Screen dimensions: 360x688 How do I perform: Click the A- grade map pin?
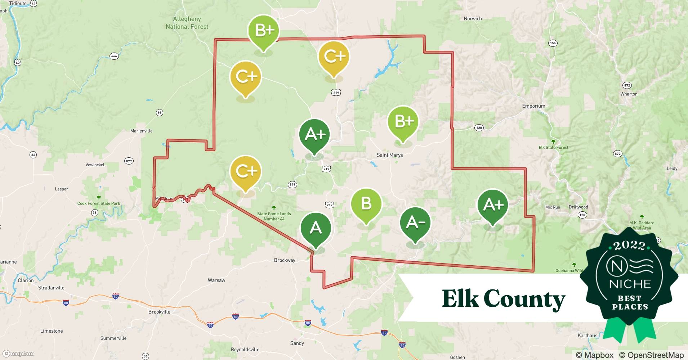(x=415, y=223)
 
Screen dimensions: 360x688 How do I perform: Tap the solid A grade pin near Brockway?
(x=316, y=228)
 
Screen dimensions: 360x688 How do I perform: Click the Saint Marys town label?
(x=389, y=155)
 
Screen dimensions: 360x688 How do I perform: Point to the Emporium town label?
(x=533, y=106)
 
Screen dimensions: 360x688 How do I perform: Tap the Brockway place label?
(x=284, y=260)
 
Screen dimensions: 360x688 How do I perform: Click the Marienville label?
(x=141, y=131)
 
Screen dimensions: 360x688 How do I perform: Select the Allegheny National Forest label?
(x=187, y=23)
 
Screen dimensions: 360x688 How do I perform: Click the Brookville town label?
(x=159, y=312)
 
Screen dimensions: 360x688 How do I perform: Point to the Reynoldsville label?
(x=245, y=350)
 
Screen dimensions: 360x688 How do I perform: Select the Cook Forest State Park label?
(x=99, y=203)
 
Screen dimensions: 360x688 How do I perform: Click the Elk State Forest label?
(x=553, y=148)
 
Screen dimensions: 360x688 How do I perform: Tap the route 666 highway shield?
(x=114, y=56)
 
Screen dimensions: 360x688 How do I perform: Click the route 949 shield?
(x=292, y=185)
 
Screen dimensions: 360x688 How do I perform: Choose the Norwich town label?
(x=473, y=19)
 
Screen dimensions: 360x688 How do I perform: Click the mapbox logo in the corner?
(x=18, y=354)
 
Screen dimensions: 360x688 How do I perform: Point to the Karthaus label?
(x=587, y=336)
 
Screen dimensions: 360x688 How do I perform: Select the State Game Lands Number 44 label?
(x=274, y=216)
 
